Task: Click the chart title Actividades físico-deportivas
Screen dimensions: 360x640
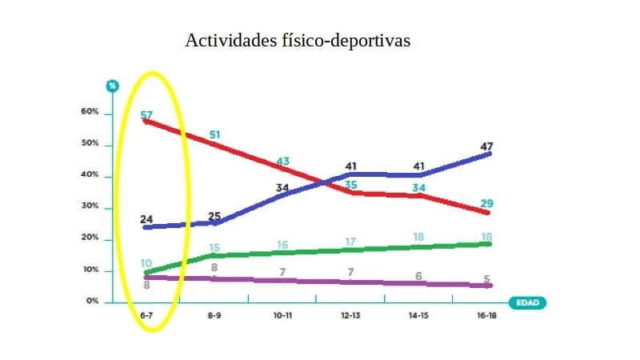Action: tap(297, 40)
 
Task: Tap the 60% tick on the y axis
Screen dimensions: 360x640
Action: tap(90, 113)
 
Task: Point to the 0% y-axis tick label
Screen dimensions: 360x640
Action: tap(91, 302)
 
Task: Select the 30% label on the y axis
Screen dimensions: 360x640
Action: tap(90, 207)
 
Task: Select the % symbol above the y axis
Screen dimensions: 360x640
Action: tap(113, 86)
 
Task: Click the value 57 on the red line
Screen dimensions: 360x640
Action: tap(146, 114)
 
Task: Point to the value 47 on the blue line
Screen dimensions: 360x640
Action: tap(486, 146)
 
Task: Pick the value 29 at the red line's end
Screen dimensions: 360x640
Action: tap(486, 203)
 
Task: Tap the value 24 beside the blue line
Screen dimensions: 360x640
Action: tap(146, 218)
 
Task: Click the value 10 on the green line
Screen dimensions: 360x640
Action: tap(146, 263)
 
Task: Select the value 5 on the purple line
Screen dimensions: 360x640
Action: tap(487, 279)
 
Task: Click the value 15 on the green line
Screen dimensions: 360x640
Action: tap(214, 248)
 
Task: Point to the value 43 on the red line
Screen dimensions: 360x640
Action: tap(282, 162)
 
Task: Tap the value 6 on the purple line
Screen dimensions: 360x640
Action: tap(418, 275)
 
